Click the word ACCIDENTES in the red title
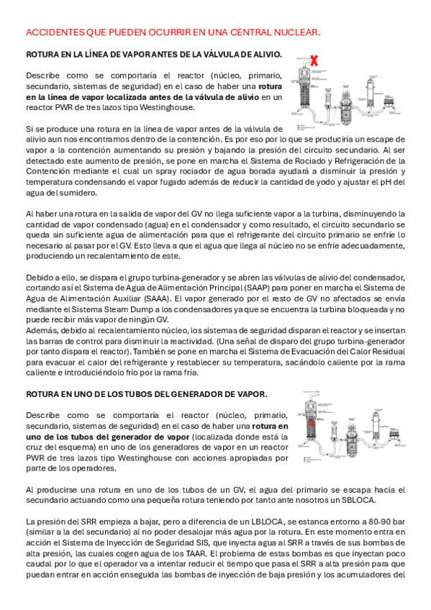coord(50,33)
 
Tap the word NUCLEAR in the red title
coord(299,33)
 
